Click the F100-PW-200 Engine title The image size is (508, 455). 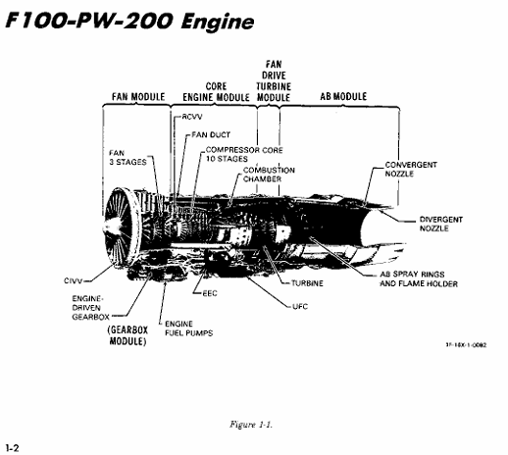click(129, 22)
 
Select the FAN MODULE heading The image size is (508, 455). click(138, 97)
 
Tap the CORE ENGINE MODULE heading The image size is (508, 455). click(216, 92)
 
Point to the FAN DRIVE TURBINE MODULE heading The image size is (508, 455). click(274, 80)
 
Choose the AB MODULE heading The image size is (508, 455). click(343, 96)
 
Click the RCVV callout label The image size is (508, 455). click(192, 117)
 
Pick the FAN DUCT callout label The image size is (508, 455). click(211, 134)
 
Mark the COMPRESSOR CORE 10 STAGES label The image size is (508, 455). click(244, 154)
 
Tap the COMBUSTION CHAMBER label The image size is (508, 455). click(269, 175)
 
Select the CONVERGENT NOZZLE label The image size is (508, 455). click(411, 169)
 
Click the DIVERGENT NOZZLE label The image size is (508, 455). click(441, 224)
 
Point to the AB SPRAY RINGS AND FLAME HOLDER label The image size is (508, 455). click(419, 278)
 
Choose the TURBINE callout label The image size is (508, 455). click(307, 283)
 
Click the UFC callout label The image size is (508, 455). click(300, 307)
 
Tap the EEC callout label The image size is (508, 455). click(210, 293)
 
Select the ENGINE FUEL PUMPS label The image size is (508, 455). click(188, 329)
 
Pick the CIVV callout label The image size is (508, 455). click(74, 280)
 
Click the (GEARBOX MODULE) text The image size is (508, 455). click(127, 335)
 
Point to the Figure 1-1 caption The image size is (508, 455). click(251, 425)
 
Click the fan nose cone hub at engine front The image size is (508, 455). click(111, 227)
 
